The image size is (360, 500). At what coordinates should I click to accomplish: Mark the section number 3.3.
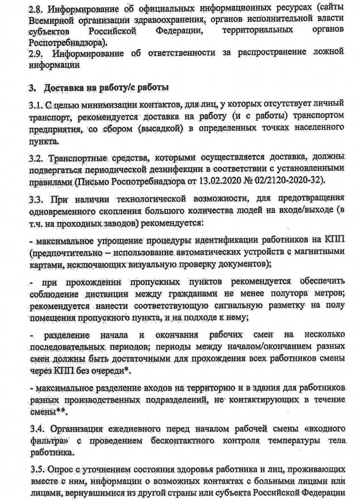[36, 199]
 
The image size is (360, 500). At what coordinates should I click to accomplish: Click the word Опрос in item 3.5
[57, 470]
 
